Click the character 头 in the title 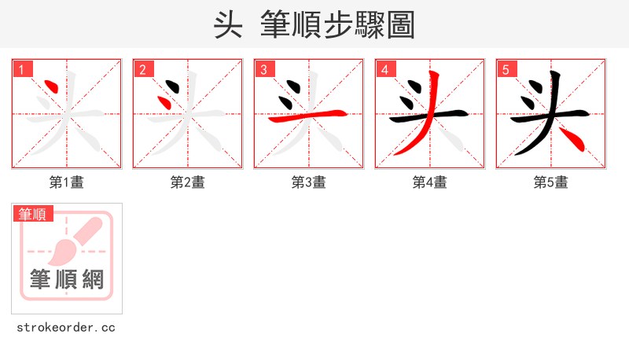tap(227, 24)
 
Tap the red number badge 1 tap(22, 69)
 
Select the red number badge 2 tap(143, 69)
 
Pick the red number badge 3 tap(264, 69)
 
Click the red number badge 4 tap(385, 69)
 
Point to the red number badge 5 tap(506, 69)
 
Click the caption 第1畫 tap(67, 182)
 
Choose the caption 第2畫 tap(188, 182)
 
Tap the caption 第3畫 tap(309, 182)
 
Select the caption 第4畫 tap(430, 182)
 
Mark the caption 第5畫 tap(551, 182)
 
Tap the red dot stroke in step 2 tap(167, 101)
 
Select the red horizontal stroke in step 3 tap(308, 117)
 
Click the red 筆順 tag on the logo tap(32, 214)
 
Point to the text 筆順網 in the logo tap(67, 279)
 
